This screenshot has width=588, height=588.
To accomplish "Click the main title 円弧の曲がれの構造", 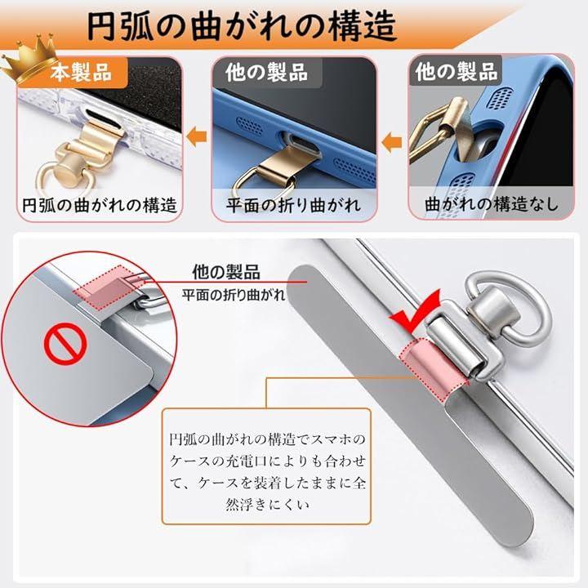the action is click(242, 25).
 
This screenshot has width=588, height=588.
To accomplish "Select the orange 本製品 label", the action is click(81, 73).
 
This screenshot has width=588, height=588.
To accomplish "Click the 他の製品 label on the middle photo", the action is click(266, 73).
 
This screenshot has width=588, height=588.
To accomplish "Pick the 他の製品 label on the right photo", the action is click(457, 71).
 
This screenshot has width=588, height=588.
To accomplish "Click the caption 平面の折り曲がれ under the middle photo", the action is click(293, 205).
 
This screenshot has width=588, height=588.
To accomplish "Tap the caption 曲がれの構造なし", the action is click(492, 204).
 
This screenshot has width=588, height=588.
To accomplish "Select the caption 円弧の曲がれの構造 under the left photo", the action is click(100, 205).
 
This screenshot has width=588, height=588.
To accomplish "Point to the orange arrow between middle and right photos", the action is click(391, 143).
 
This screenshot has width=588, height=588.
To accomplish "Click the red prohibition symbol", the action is click(65, 344).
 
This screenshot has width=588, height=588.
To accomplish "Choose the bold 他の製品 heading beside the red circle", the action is click(226, 272).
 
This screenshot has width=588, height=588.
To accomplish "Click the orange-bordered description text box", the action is click(266, 466).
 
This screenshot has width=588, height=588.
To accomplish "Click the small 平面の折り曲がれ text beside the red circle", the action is click(234, 295).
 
